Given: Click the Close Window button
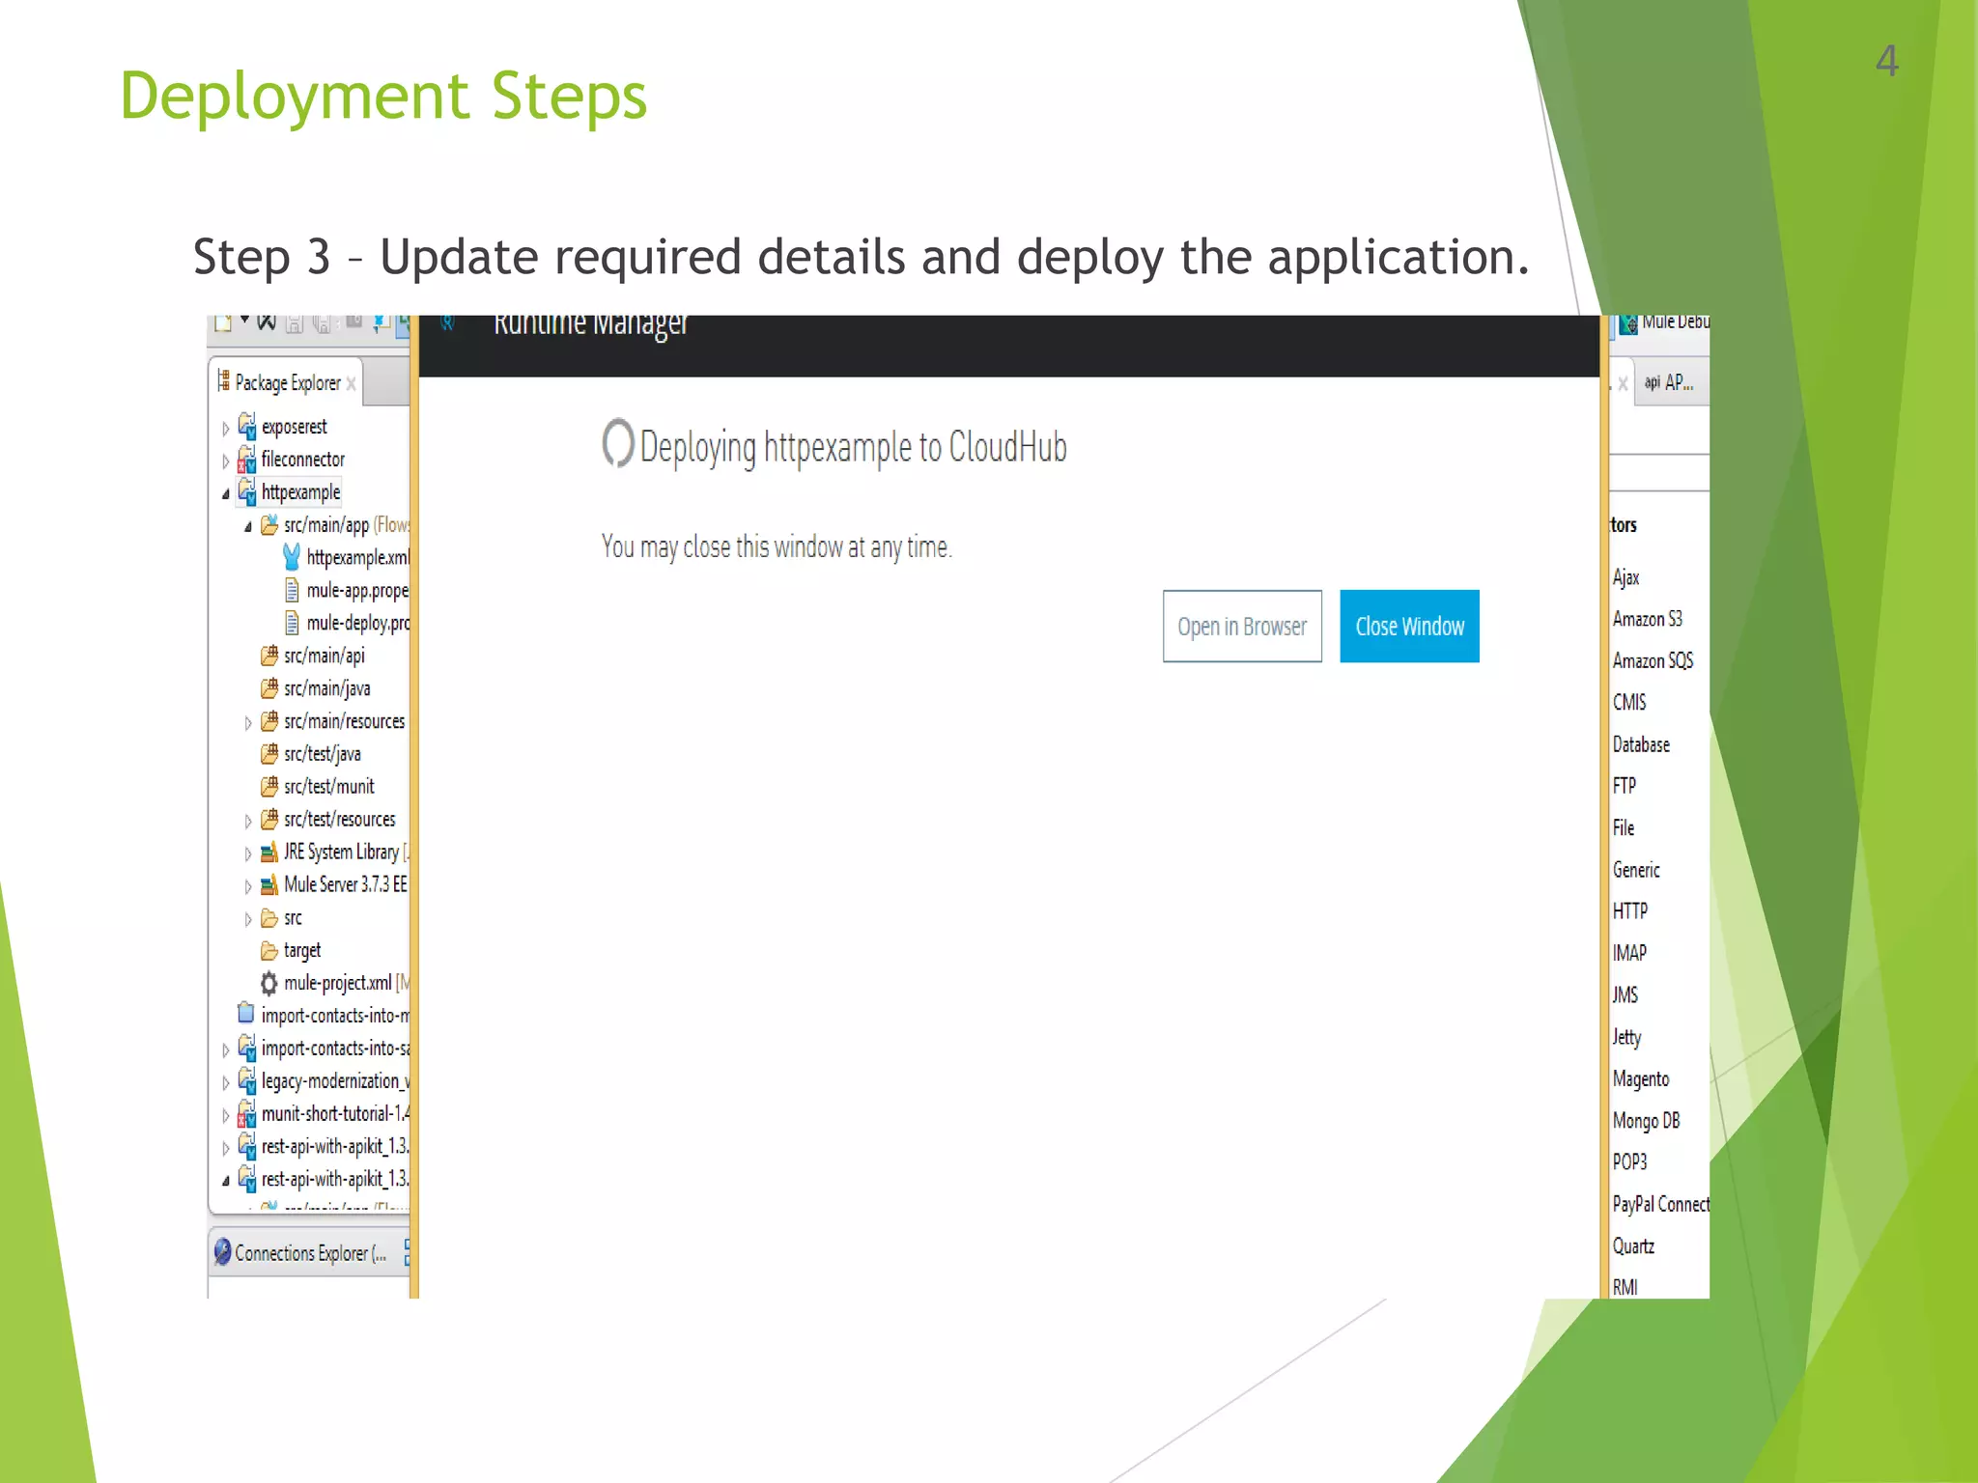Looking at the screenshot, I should coord(1409,627).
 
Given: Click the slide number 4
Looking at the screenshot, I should coord(1886,62).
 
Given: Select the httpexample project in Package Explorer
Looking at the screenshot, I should coord(300,492).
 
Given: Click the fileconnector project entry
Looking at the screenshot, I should coord(302,460).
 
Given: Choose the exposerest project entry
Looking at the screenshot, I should coord(294,427).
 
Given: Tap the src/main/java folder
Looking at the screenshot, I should coord(326,688).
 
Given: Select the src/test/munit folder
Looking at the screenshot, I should coord(328,787).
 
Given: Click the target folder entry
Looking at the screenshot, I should coord(301,951).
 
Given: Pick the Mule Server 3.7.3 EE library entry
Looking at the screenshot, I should coord(345,884).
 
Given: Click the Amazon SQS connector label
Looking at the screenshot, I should coord(1653,661).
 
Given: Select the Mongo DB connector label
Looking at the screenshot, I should coord(1646,1121).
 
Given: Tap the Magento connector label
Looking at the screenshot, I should coord(1640,1079).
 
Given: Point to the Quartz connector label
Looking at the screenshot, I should coord(1633,1246).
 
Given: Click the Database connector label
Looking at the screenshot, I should coord(1641,744).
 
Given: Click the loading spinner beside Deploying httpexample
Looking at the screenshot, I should coord(617,443).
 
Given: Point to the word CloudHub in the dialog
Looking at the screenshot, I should coord(1007,447).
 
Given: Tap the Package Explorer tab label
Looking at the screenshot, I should coord(287,383).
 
